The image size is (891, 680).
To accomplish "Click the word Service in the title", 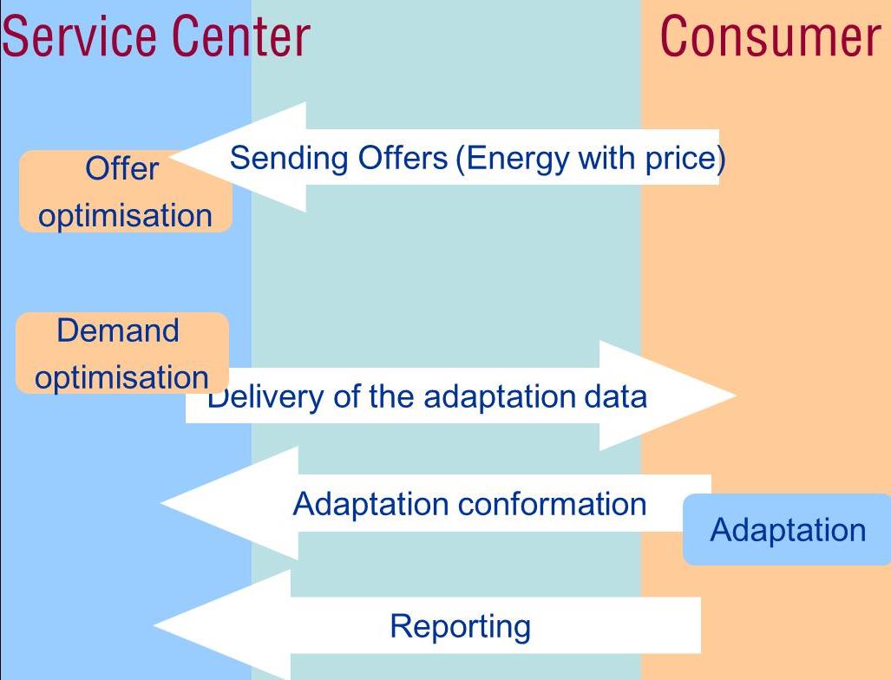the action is coord(80,36).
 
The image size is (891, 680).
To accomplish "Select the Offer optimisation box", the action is coord(126,192).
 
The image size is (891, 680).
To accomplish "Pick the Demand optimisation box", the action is coord(122,353).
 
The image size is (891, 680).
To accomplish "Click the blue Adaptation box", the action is coord(787,529).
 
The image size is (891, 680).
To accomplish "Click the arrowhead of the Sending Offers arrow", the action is coord(170,156).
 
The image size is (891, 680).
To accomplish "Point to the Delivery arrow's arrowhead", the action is coord(736,396).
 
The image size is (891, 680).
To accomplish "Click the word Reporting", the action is coord(461,627).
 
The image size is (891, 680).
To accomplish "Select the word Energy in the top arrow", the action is coord(516,159).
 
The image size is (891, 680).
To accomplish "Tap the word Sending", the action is coord(289,158).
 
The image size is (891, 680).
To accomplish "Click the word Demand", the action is coord(118,330).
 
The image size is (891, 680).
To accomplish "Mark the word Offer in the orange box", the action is coord(121,168).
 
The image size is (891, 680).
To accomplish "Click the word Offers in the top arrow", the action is coord(403,157).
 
